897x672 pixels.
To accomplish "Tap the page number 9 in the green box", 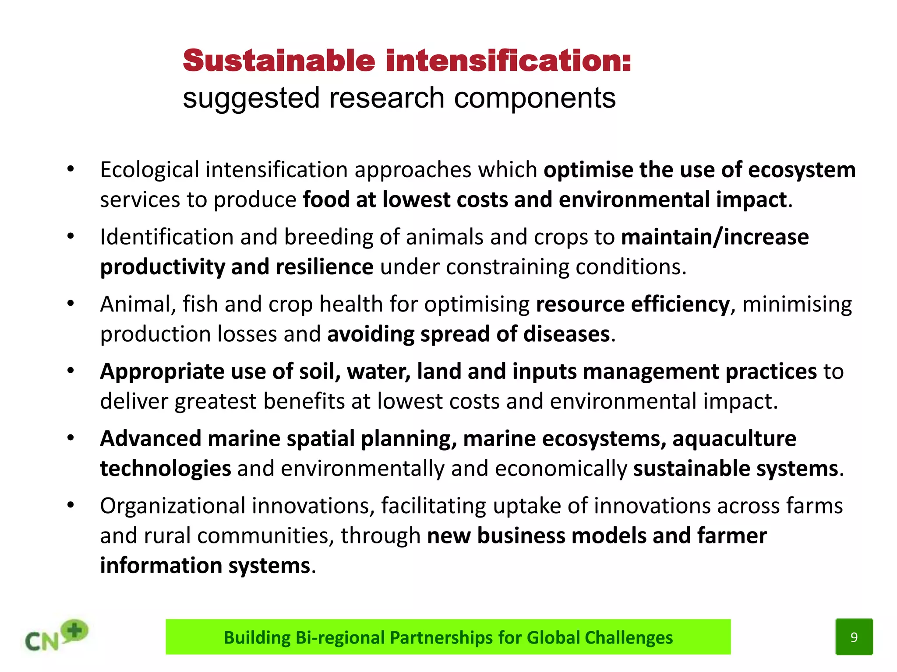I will click(854, 637).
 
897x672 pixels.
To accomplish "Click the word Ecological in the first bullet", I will click(149, 170).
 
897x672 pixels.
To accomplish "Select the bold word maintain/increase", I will click(715, 237).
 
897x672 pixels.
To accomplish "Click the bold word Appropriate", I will click(162, 372).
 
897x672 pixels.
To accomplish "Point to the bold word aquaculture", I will click(734, 439).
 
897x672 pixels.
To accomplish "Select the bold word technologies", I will click(166, 469).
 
